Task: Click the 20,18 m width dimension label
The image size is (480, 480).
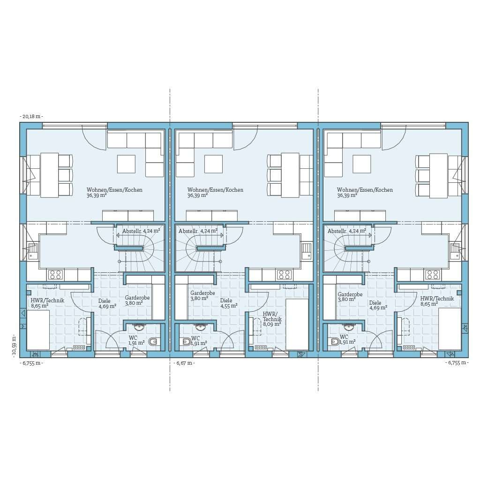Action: click(x=31, y=116)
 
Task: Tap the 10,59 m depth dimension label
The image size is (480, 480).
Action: click(x=14, y=345)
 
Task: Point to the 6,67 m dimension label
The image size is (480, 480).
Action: click(x=184, y=363)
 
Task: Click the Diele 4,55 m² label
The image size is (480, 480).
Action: click(x=229, y=303)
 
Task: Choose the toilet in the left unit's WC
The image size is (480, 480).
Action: click(x=153, y=341)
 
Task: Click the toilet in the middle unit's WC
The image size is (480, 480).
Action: click(x=186, y=341)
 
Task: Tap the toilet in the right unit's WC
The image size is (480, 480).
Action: click(x=334, y=341)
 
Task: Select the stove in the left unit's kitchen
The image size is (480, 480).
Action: click(x=56, y=275)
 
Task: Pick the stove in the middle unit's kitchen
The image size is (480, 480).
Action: click(x=284, y=275)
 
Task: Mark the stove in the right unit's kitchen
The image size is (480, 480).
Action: click(x=433, y=275)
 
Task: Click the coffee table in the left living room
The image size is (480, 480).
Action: click(x=126, y=164)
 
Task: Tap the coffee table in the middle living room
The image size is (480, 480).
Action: click(x=214, y=164)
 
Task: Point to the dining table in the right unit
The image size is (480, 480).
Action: click(x=439, y=175)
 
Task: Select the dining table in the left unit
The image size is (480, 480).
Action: click(x=50, y=175)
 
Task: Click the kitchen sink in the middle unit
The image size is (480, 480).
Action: click(x=307, y=251)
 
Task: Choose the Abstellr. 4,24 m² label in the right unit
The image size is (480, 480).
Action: click(x=347, y=231)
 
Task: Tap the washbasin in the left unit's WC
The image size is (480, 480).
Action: click(x=139, y=327)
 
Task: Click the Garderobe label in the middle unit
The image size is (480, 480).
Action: click(x=202, y=293)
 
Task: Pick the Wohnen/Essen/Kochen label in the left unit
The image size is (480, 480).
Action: click(x=114, y=190)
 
